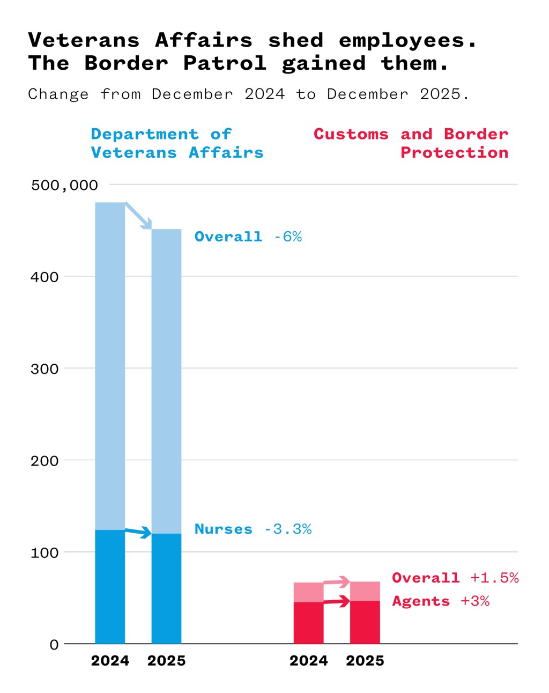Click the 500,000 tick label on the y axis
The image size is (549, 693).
64,186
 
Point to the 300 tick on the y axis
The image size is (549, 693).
44,369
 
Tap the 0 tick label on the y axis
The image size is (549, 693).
54,645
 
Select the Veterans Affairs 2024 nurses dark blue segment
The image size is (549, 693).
110,587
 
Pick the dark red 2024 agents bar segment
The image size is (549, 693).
308,623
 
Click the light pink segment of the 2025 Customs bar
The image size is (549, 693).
365,591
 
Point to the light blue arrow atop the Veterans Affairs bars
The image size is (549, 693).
138,216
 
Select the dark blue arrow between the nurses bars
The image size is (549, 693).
138,532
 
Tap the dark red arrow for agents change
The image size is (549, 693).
337,602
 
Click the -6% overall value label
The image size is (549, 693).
288,237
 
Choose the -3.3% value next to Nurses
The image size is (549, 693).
288,529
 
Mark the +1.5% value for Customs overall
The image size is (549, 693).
494,578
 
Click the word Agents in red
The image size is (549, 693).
421,601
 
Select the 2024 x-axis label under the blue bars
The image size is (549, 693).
110,661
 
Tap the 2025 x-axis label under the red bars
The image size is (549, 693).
365,661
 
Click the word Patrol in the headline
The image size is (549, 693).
225,63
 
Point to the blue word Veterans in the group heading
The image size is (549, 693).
133,153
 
